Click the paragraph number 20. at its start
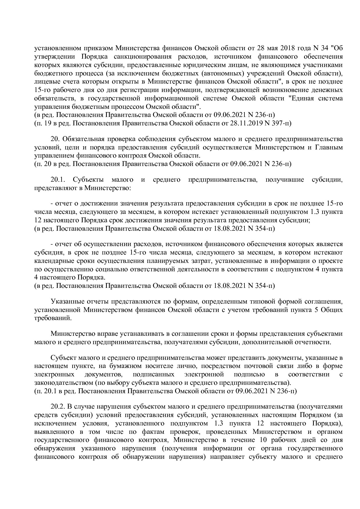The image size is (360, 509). point(55,139)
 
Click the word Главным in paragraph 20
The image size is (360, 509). point(329,147)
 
